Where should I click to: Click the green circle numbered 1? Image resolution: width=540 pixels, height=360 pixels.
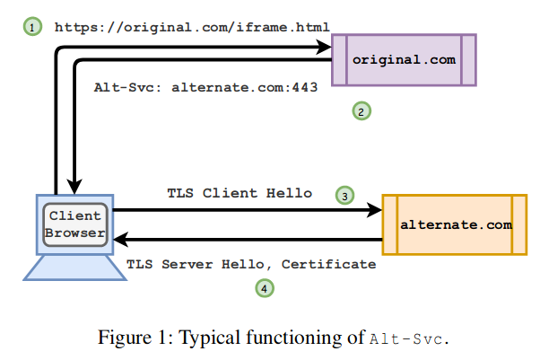click(32, 28)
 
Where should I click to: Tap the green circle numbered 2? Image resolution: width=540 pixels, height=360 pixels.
click(360, 111)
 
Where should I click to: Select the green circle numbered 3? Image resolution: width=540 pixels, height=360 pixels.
click(344, 195)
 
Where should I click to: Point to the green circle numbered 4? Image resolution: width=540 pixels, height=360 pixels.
click(264, 288)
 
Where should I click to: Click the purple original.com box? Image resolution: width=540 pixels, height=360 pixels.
click(403, 59)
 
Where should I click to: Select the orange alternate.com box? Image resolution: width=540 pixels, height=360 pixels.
click(454, 224)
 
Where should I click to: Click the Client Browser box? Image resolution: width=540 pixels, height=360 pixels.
click(75, 224)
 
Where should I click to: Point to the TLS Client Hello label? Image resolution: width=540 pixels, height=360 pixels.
click(240, 193)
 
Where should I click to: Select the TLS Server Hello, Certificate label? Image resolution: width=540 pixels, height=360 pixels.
click(251, 265)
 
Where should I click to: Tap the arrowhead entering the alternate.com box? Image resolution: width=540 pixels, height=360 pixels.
click(374, 210)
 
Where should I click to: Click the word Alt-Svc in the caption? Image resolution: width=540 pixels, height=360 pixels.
click(404, 338)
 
